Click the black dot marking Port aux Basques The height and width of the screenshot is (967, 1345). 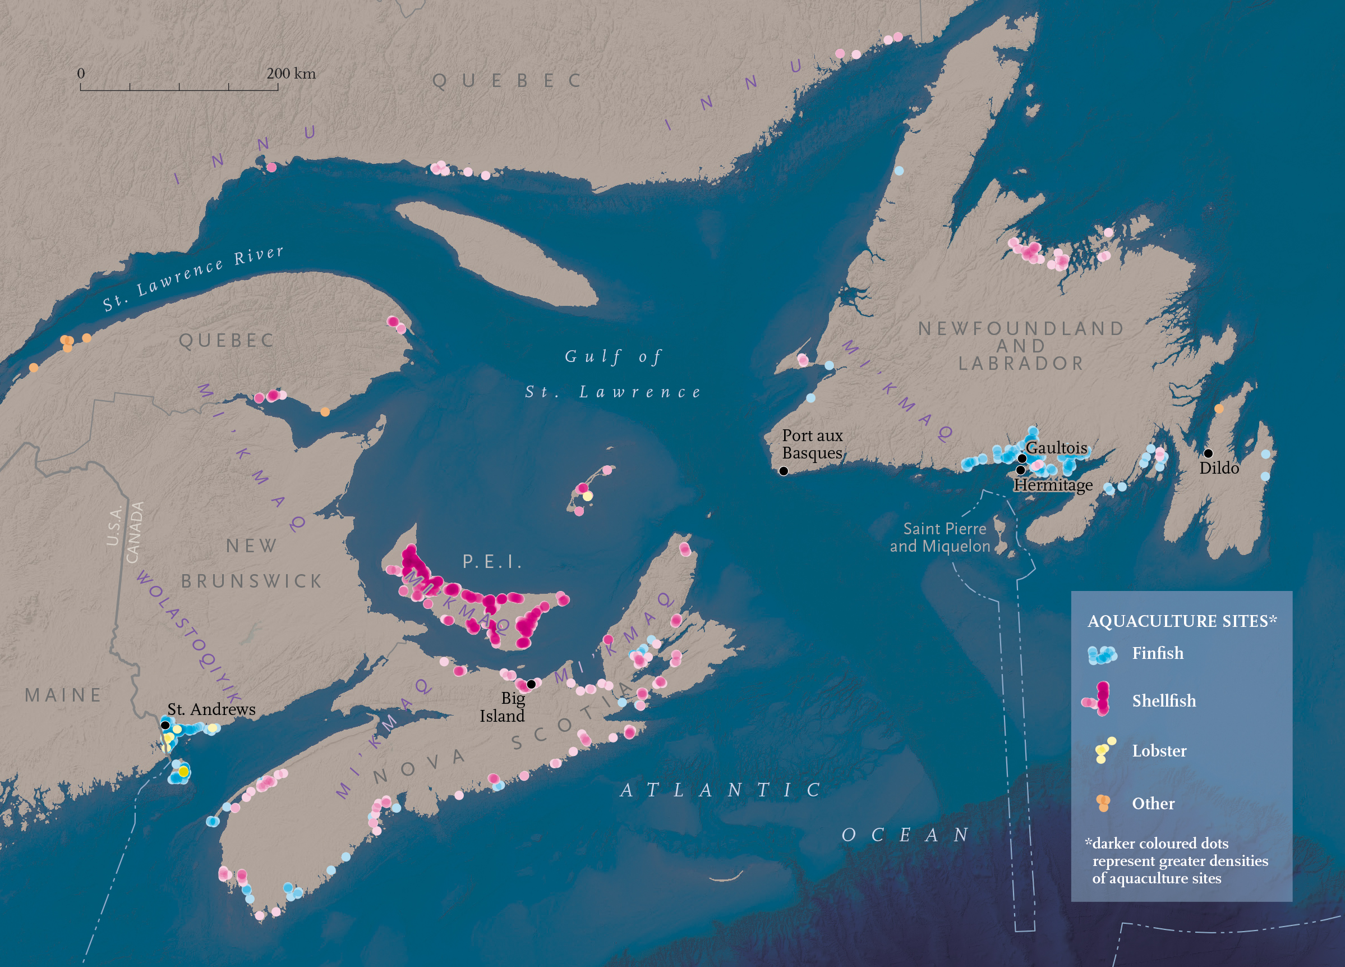pos(784,471)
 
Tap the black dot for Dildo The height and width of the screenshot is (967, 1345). pos(1208,453)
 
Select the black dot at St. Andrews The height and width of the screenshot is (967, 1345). pos(165,725)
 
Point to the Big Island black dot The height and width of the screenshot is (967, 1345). pos(531,684)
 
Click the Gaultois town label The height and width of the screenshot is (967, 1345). pos(1056,448)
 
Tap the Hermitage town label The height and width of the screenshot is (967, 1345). pos(1053,485)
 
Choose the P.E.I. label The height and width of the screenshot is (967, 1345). pos(492,561)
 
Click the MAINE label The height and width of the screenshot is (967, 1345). pos(63,695)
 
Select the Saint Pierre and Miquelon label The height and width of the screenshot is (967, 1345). pos(940,538)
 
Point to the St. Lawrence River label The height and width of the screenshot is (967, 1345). pos(193,279)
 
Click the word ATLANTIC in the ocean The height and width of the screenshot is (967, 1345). pos(721,790)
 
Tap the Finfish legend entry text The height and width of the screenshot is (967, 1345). pos(1157,653)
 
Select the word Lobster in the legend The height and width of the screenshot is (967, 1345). pos(1159,750)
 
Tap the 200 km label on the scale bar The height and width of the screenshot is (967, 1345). pos(291,74)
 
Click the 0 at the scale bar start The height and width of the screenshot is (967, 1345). pos(81,74)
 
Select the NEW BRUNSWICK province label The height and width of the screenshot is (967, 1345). pos(252,563)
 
